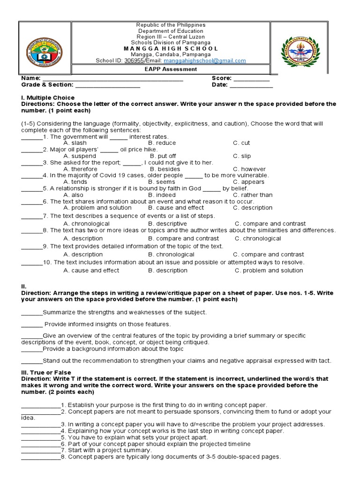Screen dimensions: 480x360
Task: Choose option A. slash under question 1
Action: (x=75, y=143)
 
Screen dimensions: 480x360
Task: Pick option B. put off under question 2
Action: (x=163, y=156)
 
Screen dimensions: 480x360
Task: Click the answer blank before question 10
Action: (x=31, y=262)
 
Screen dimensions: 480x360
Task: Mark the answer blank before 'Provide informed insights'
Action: (x=32, y=324)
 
